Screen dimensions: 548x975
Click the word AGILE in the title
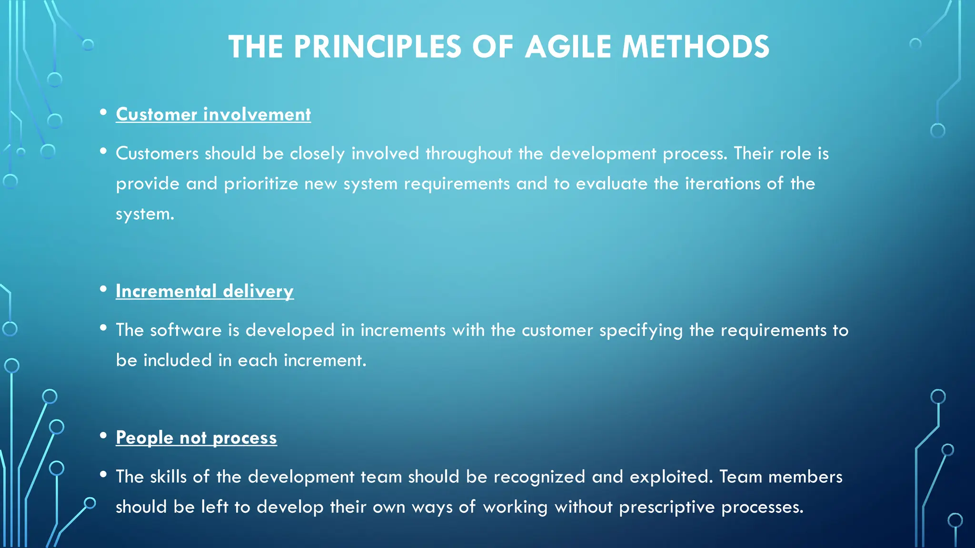[568, 47]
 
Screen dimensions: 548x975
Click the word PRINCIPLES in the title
[378, 47]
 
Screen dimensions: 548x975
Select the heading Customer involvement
[213, 115]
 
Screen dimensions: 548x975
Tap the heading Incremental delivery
[205, 291]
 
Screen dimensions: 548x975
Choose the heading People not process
[196, 438]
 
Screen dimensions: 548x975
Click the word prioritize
[261, 184]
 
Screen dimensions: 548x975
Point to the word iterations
[722, 184]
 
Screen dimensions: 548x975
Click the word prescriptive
[667, 507]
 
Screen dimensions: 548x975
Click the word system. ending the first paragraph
[145, 214]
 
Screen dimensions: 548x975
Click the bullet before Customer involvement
[103, 113]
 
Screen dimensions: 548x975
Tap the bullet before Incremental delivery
[103, 290]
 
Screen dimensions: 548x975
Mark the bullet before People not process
[103, 436]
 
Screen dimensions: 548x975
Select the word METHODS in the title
[696, 47]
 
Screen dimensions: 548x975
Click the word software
[186, 331]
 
